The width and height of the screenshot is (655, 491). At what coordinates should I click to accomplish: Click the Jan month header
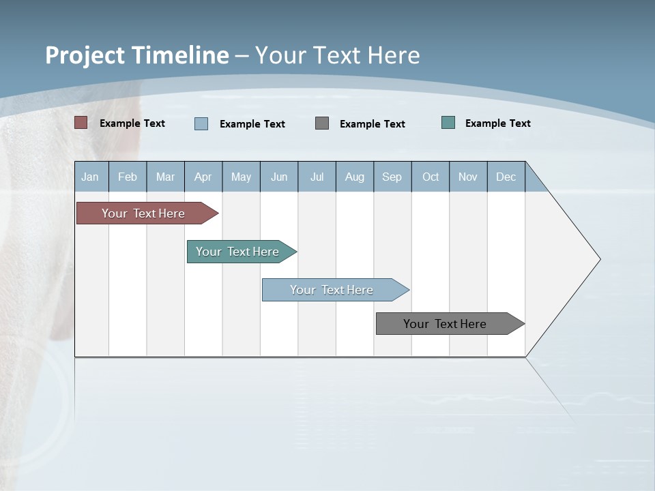point(90,177)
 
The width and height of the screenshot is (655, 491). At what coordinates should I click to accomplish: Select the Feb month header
point(128,177)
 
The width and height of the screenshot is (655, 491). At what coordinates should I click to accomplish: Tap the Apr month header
point(203,177)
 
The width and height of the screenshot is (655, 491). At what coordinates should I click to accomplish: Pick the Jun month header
point(279,177)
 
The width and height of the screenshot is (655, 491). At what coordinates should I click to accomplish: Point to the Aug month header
point(355,177)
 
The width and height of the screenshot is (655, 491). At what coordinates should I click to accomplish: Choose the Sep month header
point(392,177)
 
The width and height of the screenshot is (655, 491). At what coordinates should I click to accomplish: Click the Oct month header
point(431,177)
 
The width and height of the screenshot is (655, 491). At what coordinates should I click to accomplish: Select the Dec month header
point(506,177)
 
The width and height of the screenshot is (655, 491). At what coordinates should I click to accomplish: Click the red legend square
point(81,123)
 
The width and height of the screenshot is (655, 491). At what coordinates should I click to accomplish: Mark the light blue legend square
point(201,123)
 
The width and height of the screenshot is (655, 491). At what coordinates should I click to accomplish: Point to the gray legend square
point(322,123)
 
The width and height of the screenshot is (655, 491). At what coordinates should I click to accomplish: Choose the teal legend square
point(448,123)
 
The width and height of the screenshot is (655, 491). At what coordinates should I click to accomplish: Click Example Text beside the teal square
point(497,123)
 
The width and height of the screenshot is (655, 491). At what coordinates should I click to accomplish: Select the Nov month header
point(468,177)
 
